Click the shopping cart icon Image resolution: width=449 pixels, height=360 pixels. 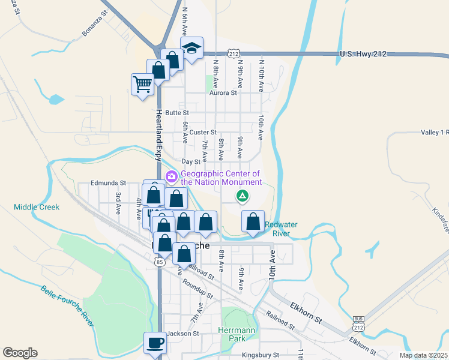143,84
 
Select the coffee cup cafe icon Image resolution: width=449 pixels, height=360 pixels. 155,343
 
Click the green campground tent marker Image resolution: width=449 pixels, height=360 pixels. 243,195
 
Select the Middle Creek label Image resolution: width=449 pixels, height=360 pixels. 37,207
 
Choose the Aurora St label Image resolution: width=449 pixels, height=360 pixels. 223,93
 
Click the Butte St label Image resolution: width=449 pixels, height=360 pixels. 177,112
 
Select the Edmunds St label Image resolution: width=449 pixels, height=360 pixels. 108,182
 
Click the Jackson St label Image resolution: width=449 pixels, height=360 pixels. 182,334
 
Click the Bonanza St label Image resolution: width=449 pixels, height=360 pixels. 94,22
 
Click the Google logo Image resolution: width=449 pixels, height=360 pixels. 20,353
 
